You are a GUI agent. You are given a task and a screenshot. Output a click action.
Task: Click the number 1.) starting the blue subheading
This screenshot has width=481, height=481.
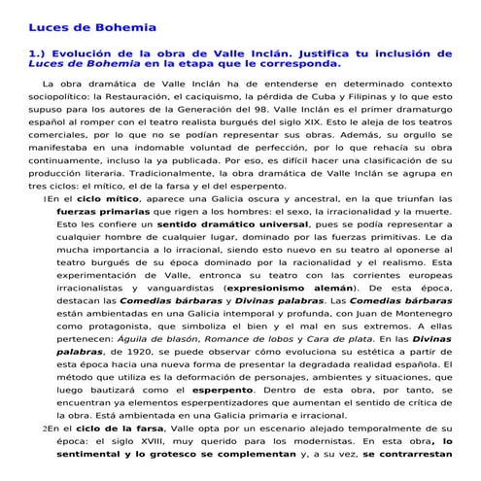click(38, 53)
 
